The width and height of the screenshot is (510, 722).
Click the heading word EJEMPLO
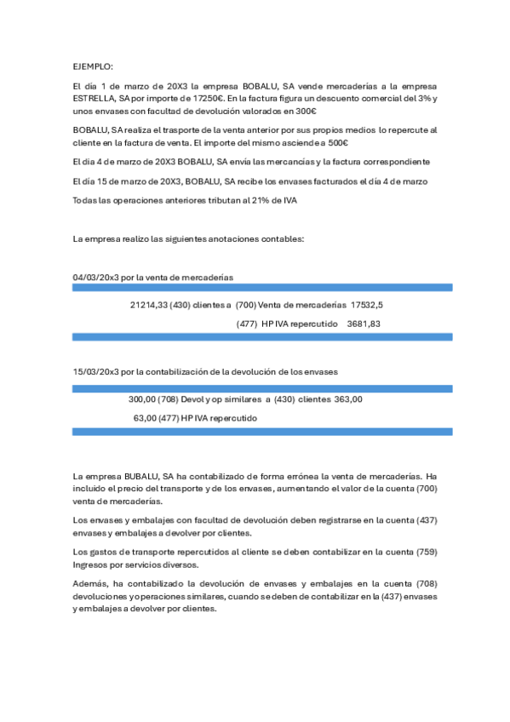pyautogui.click(x=92, y=66)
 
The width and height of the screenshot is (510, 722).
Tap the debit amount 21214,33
pyautogui.click(x=148, y=304)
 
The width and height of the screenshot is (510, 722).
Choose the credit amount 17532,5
pyautogui.click(x=366, y=304)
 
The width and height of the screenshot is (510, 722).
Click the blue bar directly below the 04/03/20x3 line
pyautogui.click(x=262, y=289)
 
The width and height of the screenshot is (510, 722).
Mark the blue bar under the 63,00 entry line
pyautogui.click(x=262, y=432)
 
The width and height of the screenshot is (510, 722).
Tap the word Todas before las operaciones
pyautogui.click(x=88, y=199)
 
